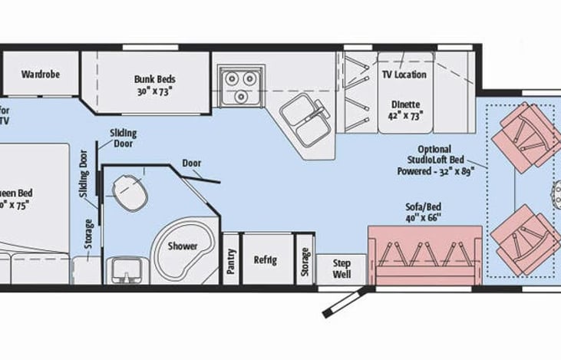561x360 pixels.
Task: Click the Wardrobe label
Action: pos(41,74)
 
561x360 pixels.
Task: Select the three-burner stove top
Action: pos(239,84)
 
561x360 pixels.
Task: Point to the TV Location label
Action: pos(404,74)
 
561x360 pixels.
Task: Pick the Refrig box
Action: pos(266,259)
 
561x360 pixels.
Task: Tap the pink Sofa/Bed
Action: pos(424,253)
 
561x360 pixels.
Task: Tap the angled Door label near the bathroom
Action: pos(192,163)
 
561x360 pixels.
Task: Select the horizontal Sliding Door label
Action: pos(122,137)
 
